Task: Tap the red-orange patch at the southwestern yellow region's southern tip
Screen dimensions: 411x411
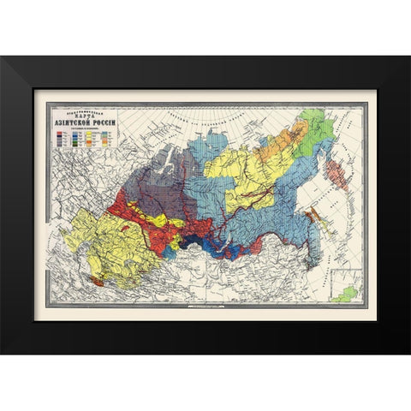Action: pyautogui.click(x=98, y=280)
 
